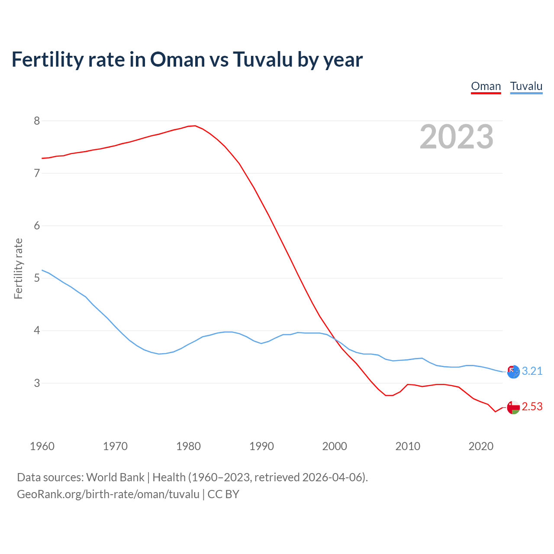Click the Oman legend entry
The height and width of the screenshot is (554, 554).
coord(486,86)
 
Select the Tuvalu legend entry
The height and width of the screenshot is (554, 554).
coord(526,86)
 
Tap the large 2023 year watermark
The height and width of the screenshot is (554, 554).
coord(456,137)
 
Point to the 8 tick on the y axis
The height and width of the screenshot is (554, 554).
coord(37,121)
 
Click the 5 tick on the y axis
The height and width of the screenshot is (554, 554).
coord(37,278)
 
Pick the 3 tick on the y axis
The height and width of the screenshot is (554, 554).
coord(37,383)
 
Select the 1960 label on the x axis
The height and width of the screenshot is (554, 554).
coord(42,446)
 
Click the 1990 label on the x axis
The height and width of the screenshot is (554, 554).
coord(261,446)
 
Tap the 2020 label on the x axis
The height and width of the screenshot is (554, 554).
coord(481,446)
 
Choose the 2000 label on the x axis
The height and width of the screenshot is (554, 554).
coord(335,446)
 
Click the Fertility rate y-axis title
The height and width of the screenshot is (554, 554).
coord(18,268)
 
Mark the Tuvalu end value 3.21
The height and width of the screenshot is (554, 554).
coord(532,371)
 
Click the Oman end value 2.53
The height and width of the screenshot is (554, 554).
coord(532,407)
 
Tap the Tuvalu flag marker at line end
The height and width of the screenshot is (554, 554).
coord(513,372)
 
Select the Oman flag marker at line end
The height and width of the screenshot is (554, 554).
coord(513,408)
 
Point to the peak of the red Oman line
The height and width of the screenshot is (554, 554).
coord(195,126)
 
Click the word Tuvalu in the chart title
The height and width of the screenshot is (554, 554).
coord(262,59)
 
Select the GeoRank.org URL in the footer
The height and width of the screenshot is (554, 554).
coord(108,494)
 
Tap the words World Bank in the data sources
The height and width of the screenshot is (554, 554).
coord(115,477)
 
